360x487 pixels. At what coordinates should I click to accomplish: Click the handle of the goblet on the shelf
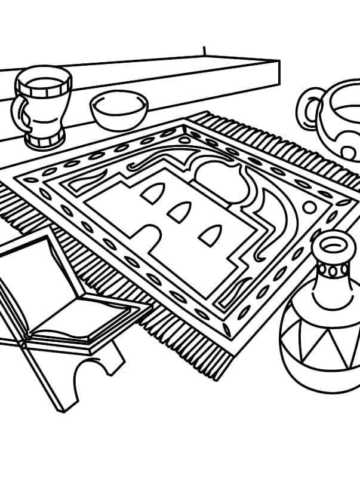[19, 111]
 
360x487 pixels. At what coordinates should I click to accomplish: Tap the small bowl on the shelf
[119, 111]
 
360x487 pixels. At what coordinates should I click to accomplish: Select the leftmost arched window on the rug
[153, 192]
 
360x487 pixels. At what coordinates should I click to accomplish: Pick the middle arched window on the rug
[179, 212]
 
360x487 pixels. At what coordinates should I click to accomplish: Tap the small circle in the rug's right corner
[310, 207]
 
